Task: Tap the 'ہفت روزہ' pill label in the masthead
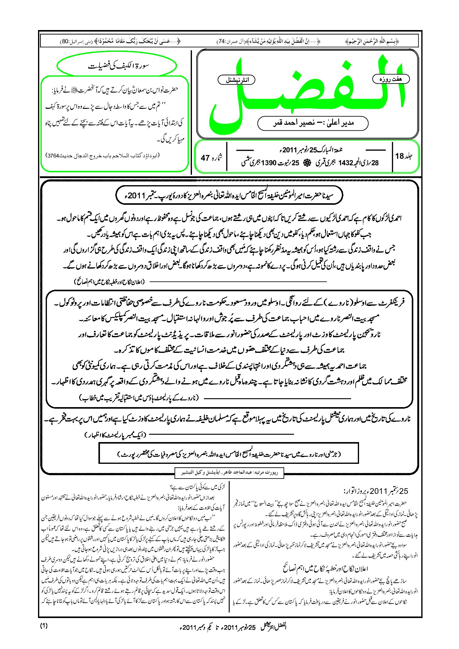click(x=391, y=79)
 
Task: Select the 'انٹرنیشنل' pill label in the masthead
click(x=236, y=80)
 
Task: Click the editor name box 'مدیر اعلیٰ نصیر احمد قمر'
click(x=313, y=123)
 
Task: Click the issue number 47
click(x=205, y=158)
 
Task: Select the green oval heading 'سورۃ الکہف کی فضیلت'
click(x=117, y=66)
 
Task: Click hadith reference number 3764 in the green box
click(x=54, y=155)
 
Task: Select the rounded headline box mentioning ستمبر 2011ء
click(x=229, y=195)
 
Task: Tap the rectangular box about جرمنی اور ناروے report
click(x=229, y=453)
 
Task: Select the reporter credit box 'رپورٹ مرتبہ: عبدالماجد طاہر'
click(x=229, y=473)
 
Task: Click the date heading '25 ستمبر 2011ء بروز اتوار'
click(x=376, y=491)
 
